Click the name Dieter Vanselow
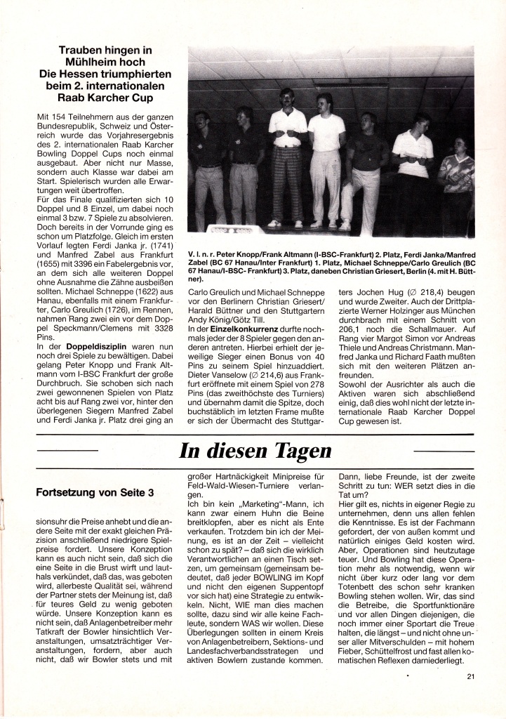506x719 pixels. tap(215, 374)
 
